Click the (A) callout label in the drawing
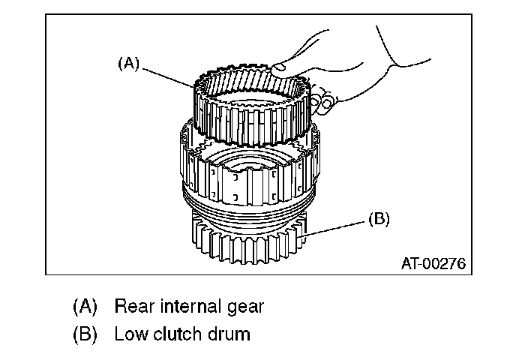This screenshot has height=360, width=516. click(129, 64)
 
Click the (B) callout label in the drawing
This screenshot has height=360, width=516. click(379, 220)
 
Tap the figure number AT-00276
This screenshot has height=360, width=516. click(433, 264)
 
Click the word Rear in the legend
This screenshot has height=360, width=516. click(134, 307)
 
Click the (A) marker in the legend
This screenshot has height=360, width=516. click(85, 307)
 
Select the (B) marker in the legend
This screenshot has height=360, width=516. click(85, 334)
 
